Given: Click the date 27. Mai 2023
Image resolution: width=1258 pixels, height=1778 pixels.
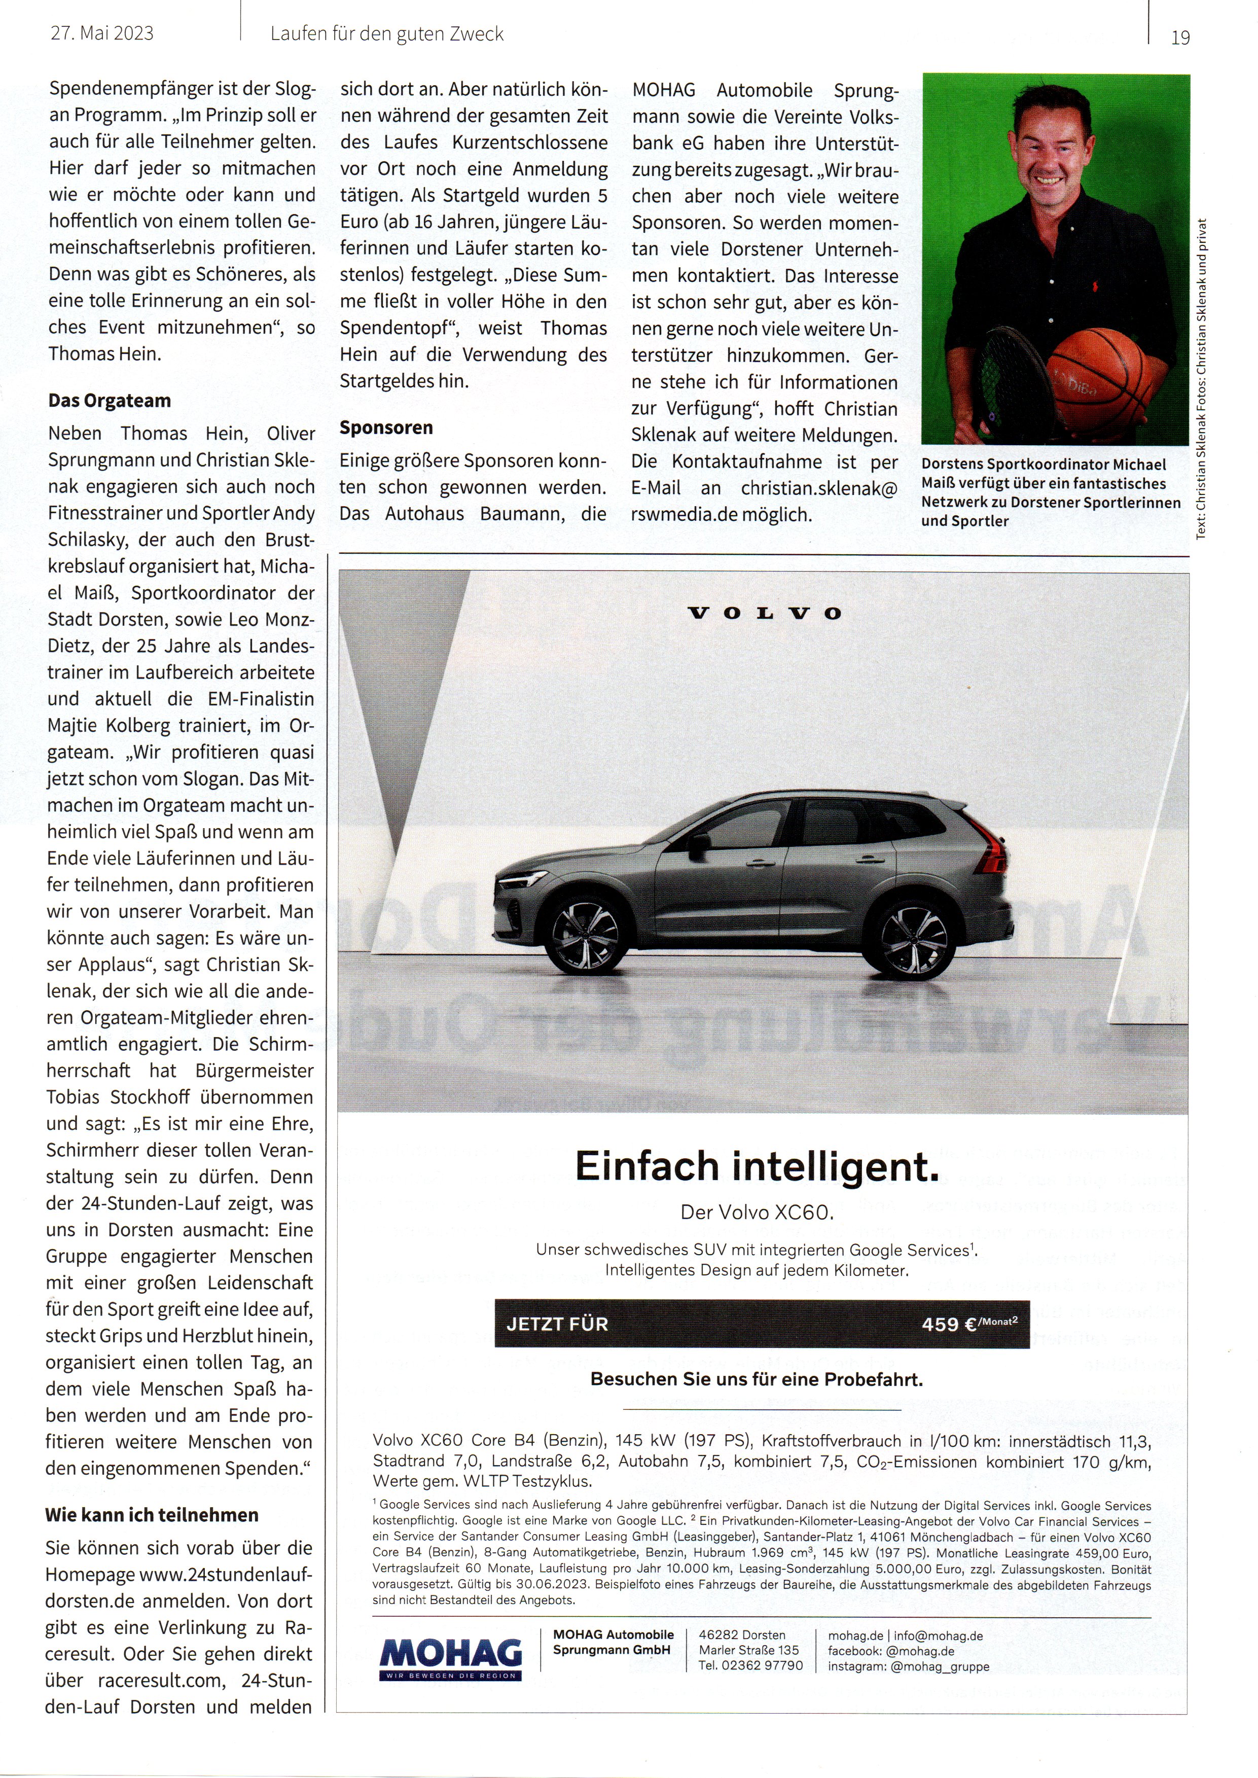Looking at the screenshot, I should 102,33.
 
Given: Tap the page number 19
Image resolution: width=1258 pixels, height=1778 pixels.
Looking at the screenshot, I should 1180,37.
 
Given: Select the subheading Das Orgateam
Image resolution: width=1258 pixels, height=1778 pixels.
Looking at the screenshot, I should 109,401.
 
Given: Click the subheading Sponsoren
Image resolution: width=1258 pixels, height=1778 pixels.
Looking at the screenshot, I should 386,428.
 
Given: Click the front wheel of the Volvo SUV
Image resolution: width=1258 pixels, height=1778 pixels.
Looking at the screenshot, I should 586,936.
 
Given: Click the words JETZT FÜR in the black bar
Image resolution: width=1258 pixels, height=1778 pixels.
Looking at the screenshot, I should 557,1324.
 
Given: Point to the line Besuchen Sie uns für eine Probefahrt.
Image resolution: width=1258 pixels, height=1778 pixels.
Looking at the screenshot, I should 756,1380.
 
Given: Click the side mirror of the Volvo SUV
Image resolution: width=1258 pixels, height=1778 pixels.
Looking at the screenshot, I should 700,843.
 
